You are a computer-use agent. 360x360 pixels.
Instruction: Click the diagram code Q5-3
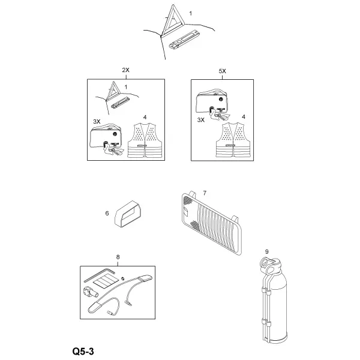[83, 351]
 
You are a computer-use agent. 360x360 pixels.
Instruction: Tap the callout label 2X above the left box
[125, 70]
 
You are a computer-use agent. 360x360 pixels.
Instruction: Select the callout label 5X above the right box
[222, 71]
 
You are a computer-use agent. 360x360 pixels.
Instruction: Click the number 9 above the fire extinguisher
[266, 251]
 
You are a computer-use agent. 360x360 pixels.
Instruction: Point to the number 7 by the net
[205, 193]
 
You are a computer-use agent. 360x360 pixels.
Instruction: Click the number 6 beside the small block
[107, 213]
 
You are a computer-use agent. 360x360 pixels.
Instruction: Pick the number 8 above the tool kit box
[118, 257]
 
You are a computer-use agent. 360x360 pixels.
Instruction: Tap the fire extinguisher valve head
[270, 265]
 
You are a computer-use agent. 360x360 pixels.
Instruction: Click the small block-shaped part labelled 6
[128, 214]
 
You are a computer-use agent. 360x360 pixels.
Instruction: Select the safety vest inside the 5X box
[233, 140]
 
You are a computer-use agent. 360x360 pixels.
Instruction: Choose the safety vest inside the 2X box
[145, 140]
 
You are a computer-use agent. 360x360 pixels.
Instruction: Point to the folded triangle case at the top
[184, 40]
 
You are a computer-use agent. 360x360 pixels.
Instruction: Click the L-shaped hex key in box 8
[99, 275]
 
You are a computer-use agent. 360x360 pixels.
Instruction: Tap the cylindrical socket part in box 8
[90, 292]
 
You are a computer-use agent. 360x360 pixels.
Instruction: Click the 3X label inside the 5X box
[201, 120]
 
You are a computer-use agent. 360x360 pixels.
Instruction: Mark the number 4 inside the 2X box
[145, 118]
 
